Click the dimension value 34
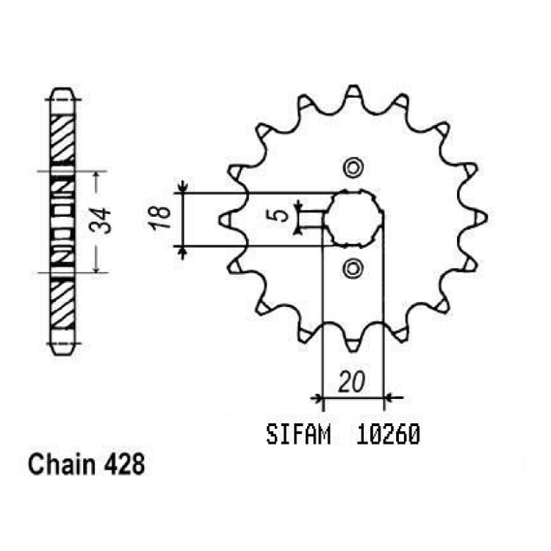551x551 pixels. click(x=100, y=221)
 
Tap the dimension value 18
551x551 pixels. click(x=160, y=218)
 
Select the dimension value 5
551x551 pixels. click(x=280, y=215)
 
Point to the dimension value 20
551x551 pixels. click(x=351, y=381)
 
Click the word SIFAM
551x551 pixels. click(x=298, y=435)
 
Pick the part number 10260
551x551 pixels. click(x=388, y=435)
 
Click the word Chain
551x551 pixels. click(x=62, y=464)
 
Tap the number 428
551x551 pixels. click(x=124, y=464)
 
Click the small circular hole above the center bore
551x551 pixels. click(x=353, y=168)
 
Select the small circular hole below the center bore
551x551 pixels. click(x=353, y=269)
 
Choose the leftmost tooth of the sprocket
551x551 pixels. click(x=226, y=220)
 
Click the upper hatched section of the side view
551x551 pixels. click(x=62, y=138)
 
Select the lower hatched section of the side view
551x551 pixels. click(x=62, y=305)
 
